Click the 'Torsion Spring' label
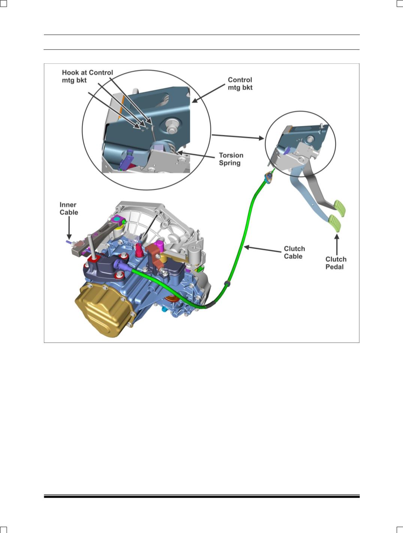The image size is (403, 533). [x=231, y=159]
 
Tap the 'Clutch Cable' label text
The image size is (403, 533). [x=294, y=252]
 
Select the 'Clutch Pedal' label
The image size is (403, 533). [x=336, y=263]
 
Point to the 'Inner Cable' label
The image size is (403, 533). [x=69, y=208]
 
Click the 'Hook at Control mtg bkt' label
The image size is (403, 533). [x=87, y=76]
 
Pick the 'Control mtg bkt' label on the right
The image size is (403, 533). [x=240, y=84]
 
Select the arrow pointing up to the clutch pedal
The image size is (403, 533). [x=337, y=244]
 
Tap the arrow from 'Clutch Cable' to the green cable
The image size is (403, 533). [x=262, y=249]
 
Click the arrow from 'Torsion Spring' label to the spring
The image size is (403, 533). [x=196, y=154]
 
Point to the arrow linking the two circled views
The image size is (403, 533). [x=238, y=137]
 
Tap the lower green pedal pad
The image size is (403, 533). [x=335, y=223]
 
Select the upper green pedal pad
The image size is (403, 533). [x=340, y=208]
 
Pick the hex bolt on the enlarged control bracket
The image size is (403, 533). [x=172, y=126]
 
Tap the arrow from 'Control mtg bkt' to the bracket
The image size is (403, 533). [x=208, y=93]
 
